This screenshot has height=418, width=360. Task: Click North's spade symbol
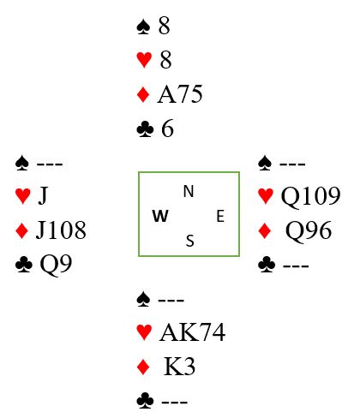click(x=143, y=27)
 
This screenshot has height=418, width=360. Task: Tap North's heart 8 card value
click(x=165, y=60)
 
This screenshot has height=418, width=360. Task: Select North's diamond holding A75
click(x=180, y=94)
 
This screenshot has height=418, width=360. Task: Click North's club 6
click(x=168, y=128)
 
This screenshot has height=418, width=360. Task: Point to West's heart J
click(x=43, y=196)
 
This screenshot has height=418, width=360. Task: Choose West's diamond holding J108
click(x=61, y=230)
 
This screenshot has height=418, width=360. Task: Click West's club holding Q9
click(x=56, y=265)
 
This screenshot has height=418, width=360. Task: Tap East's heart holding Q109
click(x=311, y=197)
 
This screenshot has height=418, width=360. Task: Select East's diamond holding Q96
click(x=309, y=230)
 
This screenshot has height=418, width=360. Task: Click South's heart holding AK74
click(x=193, y=332)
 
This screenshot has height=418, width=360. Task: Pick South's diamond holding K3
click(x=179, y=367)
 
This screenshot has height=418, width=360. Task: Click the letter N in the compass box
click(x=189, y=191)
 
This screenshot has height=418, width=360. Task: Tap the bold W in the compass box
click(x=160, y=216)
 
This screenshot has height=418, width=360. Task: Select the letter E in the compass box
click(x=220, y=216)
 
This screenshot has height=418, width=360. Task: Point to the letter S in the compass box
click(x=190, y=241)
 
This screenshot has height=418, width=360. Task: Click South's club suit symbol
click(x=145, y=401)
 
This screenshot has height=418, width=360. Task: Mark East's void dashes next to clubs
click(x=296, y=266)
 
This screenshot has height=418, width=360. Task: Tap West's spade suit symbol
click(x=22, y=163)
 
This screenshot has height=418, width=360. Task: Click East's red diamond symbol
click(x=265, y=231)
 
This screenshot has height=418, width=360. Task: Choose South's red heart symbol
click(x=144, y=333)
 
